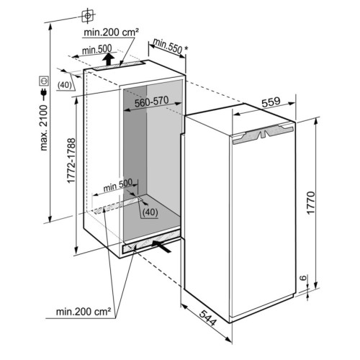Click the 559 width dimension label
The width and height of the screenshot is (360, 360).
271,102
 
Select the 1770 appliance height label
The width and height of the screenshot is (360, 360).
310,202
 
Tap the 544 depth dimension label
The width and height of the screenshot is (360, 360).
208,318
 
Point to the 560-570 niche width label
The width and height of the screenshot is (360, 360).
151,102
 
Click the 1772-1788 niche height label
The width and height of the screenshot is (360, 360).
71,161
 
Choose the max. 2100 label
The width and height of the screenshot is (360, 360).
44,127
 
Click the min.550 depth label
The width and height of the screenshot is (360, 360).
168,45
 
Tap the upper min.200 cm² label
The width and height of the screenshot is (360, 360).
112,32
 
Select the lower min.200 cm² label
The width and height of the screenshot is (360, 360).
84,312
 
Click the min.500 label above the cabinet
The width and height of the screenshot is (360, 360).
96,50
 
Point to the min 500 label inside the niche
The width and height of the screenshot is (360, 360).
118,185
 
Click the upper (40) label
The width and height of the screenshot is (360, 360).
65,85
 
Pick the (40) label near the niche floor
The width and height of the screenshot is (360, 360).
150,212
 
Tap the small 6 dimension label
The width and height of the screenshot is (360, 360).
304,278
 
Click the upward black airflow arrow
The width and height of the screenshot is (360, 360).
109,59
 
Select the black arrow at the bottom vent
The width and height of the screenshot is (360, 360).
161,246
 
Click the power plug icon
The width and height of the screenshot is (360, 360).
44,94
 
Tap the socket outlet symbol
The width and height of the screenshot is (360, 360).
44,81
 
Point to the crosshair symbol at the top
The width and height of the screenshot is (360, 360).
88,16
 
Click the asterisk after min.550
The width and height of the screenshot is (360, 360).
186,48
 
